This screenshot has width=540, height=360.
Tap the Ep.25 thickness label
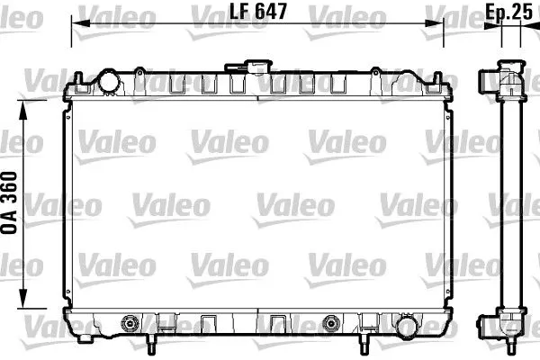(510, 13)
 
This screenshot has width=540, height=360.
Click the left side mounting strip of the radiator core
(64, 202)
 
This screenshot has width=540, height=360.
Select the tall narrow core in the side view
(510, 202)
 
